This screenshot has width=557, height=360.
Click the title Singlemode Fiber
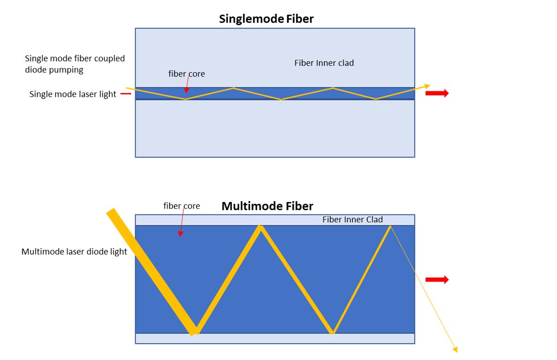tap(266, 19)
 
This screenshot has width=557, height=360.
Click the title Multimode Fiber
tap(267, 206)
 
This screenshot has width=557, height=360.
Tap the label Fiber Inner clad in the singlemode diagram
tap(324, 63)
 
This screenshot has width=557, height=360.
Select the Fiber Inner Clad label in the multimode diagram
tap(352, 220)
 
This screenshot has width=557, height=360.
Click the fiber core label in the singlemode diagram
tap(186, 74)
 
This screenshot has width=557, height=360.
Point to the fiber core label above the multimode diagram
tap(181, 206)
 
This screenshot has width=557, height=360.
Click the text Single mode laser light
tap(73, 94)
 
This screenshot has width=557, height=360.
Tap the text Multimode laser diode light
tap(74, 252)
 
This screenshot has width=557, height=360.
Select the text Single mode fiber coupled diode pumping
tap(75, 63)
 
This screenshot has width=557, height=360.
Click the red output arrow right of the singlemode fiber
tap(437, 93)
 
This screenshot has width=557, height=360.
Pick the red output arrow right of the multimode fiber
tap(437, 280)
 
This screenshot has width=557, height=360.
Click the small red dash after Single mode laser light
tap(125, 94)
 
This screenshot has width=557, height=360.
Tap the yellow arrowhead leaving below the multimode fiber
tap(454, 349)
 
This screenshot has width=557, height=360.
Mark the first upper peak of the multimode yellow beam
tap(259, 228)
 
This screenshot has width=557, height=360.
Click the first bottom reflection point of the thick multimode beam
tap(194, 331)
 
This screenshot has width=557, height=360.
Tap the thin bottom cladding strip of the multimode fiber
tap(275, 338)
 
